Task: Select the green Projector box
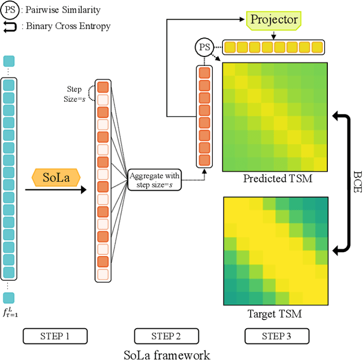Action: [x=273, y=20]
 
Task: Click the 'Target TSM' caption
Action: [x=275, y=313]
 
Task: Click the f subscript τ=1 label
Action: [x=11, y=311]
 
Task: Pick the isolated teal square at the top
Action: [x=9, y=61]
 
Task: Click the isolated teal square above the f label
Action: [x=9, y=298]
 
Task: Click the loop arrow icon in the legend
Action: [x=11, y=26]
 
